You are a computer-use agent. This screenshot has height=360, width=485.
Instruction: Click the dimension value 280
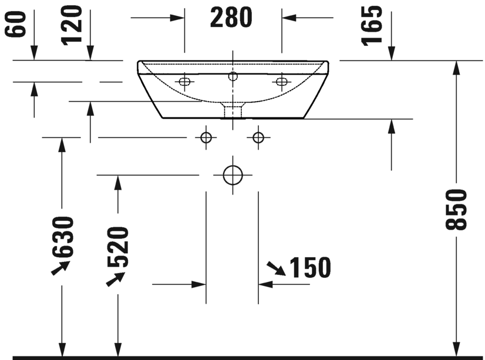pyautogui.click(x=231, y=18)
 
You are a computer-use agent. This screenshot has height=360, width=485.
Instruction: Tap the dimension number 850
pyautogui.click(x=455, y=209)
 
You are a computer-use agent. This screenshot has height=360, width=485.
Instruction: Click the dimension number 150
pyautogui.click(x=309, y=268)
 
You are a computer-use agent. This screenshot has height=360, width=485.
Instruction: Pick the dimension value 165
pyautogui.click(x=372, y=25)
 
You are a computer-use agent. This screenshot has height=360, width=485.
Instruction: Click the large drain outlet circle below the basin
pyautogui.click(x=233, y=175)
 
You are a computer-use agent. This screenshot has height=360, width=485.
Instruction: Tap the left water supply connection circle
pyautogui.click(x=206, y=137)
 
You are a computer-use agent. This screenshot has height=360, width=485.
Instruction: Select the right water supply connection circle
pyautogui.click(x=258, y=137)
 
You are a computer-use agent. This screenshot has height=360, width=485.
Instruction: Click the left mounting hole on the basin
pyautogui.click(x=184, y=82)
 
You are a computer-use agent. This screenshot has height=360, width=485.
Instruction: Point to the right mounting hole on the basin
pyautogui.click(x=281, y=82)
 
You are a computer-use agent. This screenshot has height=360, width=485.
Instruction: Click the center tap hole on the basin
pyautogui.click(x=233, y=75)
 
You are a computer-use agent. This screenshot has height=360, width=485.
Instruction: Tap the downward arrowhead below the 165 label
pyautogui.click(x=390, y=54)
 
